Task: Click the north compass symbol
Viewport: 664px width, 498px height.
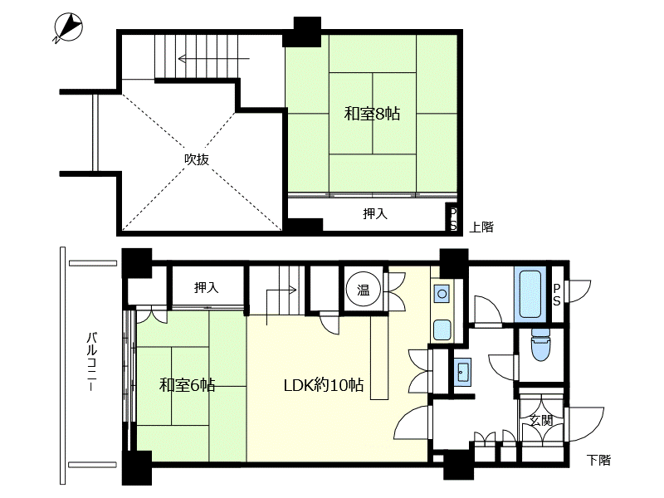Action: click(68, 28)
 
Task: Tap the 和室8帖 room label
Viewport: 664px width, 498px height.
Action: click(372, 114)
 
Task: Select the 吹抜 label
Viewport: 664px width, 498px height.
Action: click(197, 159)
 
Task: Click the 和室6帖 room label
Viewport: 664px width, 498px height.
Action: click(188, 385)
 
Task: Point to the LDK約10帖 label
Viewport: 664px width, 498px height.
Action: click(324, 385)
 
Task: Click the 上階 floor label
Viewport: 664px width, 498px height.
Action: click(481, 227)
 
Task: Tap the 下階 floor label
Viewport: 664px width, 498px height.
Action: click(598, 460)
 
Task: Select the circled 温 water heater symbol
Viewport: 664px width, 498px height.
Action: click(364, 290)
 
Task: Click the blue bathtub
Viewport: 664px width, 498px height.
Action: click(530, 295)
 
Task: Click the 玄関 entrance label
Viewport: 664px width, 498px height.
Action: click(542, 421)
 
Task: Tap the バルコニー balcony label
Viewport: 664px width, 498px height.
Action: click(92, 362)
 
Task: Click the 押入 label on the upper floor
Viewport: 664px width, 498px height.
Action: click(375, 214)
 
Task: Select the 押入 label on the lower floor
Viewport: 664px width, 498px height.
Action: click(206, 288)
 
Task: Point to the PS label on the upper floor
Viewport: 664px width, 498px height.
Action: click(453, 219)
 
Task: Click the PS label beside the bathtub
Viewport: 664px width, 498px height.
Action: click(556, 295)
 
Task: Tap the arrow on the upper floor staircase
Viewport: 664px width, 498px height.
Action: click(214, 58)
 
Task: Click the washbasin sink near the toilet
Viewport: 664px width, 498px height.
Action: click(462, 372)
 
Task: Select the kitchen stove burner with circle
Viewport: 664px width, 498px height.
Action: click(442, 294)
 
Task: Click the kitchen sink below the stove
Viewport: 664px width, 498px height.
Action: click(442, 330)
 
